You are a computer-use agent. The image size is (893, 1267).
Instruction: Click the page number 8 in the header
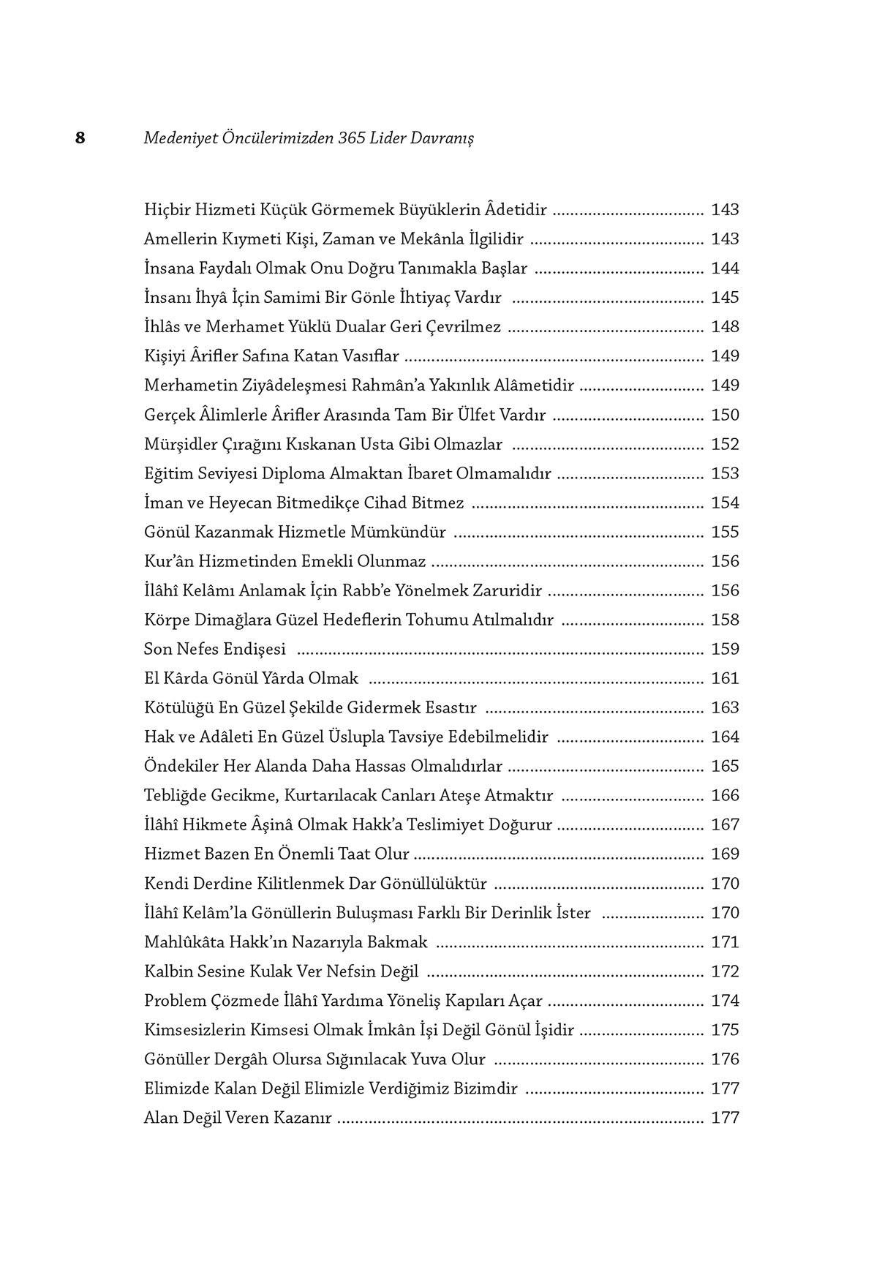80,138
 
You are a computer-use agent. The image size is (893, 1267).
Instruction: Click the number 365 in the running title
353,138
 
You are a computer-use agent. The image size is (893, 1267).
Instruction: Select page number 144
725,268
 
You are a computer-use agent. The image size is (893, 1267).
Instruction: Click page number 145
725,298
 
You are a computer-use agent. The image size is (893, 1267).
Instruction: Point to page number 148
725,327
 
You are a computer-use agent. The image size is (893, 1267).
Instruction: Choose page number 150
725,416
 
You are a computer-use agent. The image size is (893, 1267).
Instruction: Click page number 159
725,650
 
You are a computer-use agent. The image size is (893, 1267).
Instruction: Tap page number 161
725,679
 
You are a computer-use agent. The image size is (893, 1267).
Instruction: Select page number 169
725,854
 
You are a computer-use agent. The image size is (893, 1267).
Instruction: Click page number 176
725,1059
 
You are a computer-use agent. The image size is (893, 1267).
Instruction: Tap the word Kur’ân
169,562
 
